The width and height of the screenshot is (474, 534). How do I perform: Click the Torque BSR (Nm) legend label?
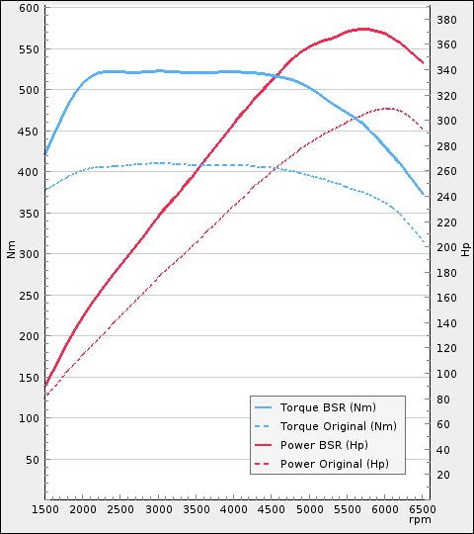click(328, 406)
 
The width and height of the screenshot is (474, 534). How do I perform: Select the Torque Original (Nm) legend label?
click(338, 425)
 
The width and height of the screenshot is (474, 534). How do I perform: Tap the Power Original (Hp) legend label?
click(335, 463)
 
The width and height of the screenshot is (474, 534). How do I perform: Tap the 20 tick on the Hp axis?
click(444, 475)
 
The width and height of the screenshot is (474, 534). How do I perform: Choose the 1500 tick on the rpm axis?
click(45, 509)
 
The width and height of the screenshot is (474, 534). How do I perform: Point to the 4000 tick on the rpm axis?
click(234, 509)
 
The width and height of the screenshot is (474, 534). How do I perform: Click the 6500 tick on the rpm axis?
click(424, 509)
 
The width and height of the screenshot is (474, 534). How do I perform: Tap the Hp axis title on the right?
click(465, 249)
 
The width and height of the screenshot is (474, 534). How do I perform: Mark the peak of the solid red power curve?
click(364, 29)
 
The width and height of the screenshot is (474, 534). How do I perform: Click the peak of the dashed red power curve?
click(386, 108)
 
